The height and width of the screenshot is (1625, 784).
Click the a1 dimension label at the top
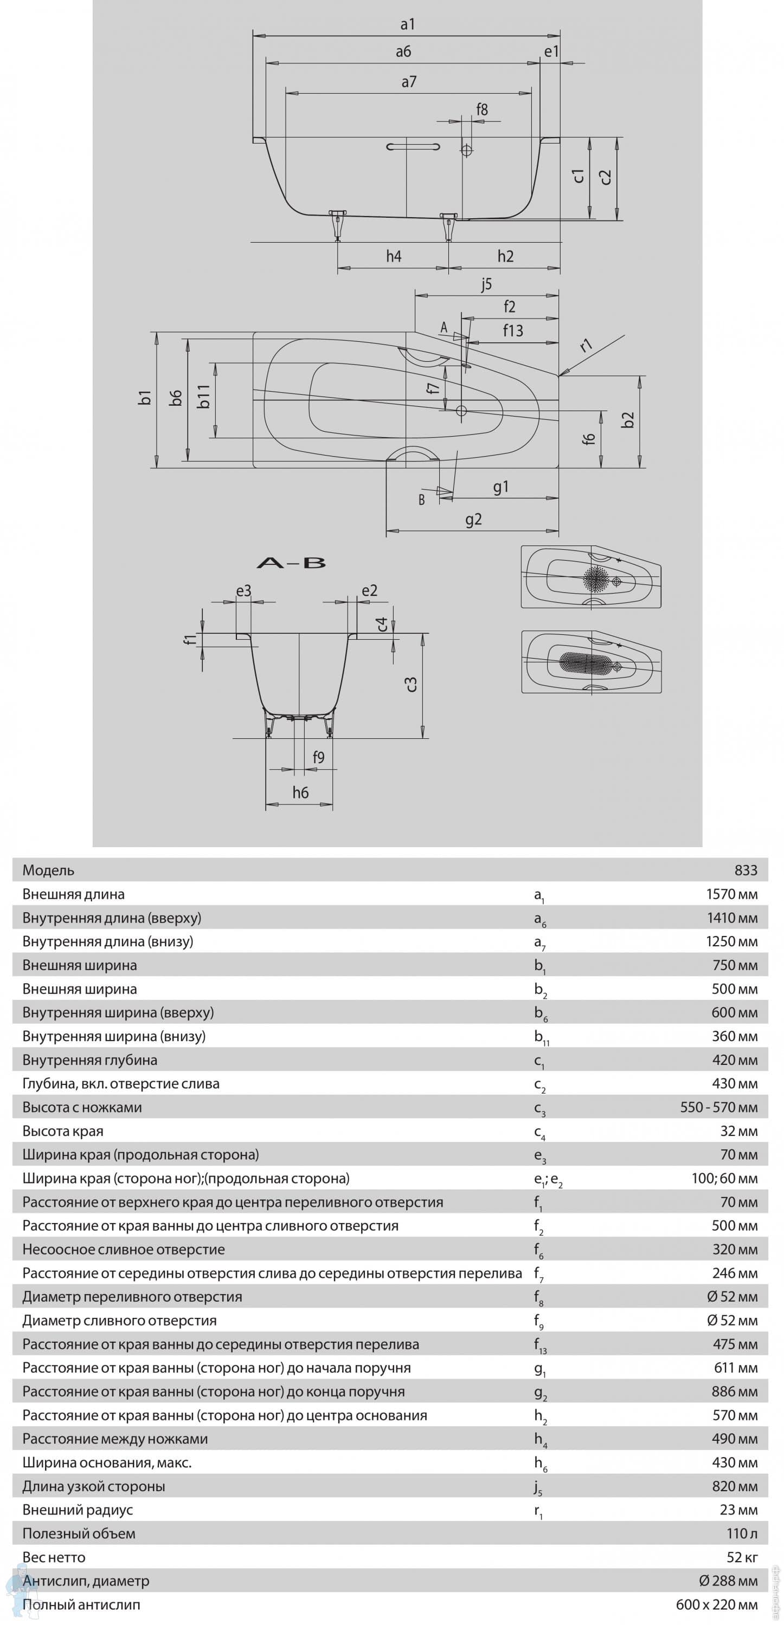click(407, 24)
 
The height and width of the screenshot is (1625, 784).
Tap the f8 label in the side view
click(481, 110)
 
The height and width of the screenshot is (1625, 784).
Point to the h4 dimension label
click(393, 256)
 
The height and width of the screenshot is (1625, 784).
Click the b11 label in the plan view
click(203, 396)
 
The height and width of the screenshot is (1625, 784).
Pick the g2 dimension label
click(473, 519)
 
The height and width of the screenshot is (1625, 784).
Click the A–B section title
click(291, 563)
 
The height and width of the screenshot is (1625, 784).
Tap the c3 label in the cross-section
click(411, 684)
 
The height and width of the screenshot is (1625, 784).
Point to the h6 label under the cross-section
click(300, 792)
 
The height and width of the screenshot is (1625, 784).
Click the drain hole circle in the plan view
click(461, 411)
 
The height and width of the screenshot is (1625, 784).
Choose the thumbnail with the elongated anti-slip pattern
click(592, 662)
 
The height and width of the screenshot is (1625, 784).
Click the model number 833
click(746, 870)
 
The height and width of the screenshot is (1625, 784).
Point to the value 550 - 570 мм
click(718, 1107)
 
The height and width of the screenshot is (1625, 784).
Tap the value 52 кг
click(742, 1557)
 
